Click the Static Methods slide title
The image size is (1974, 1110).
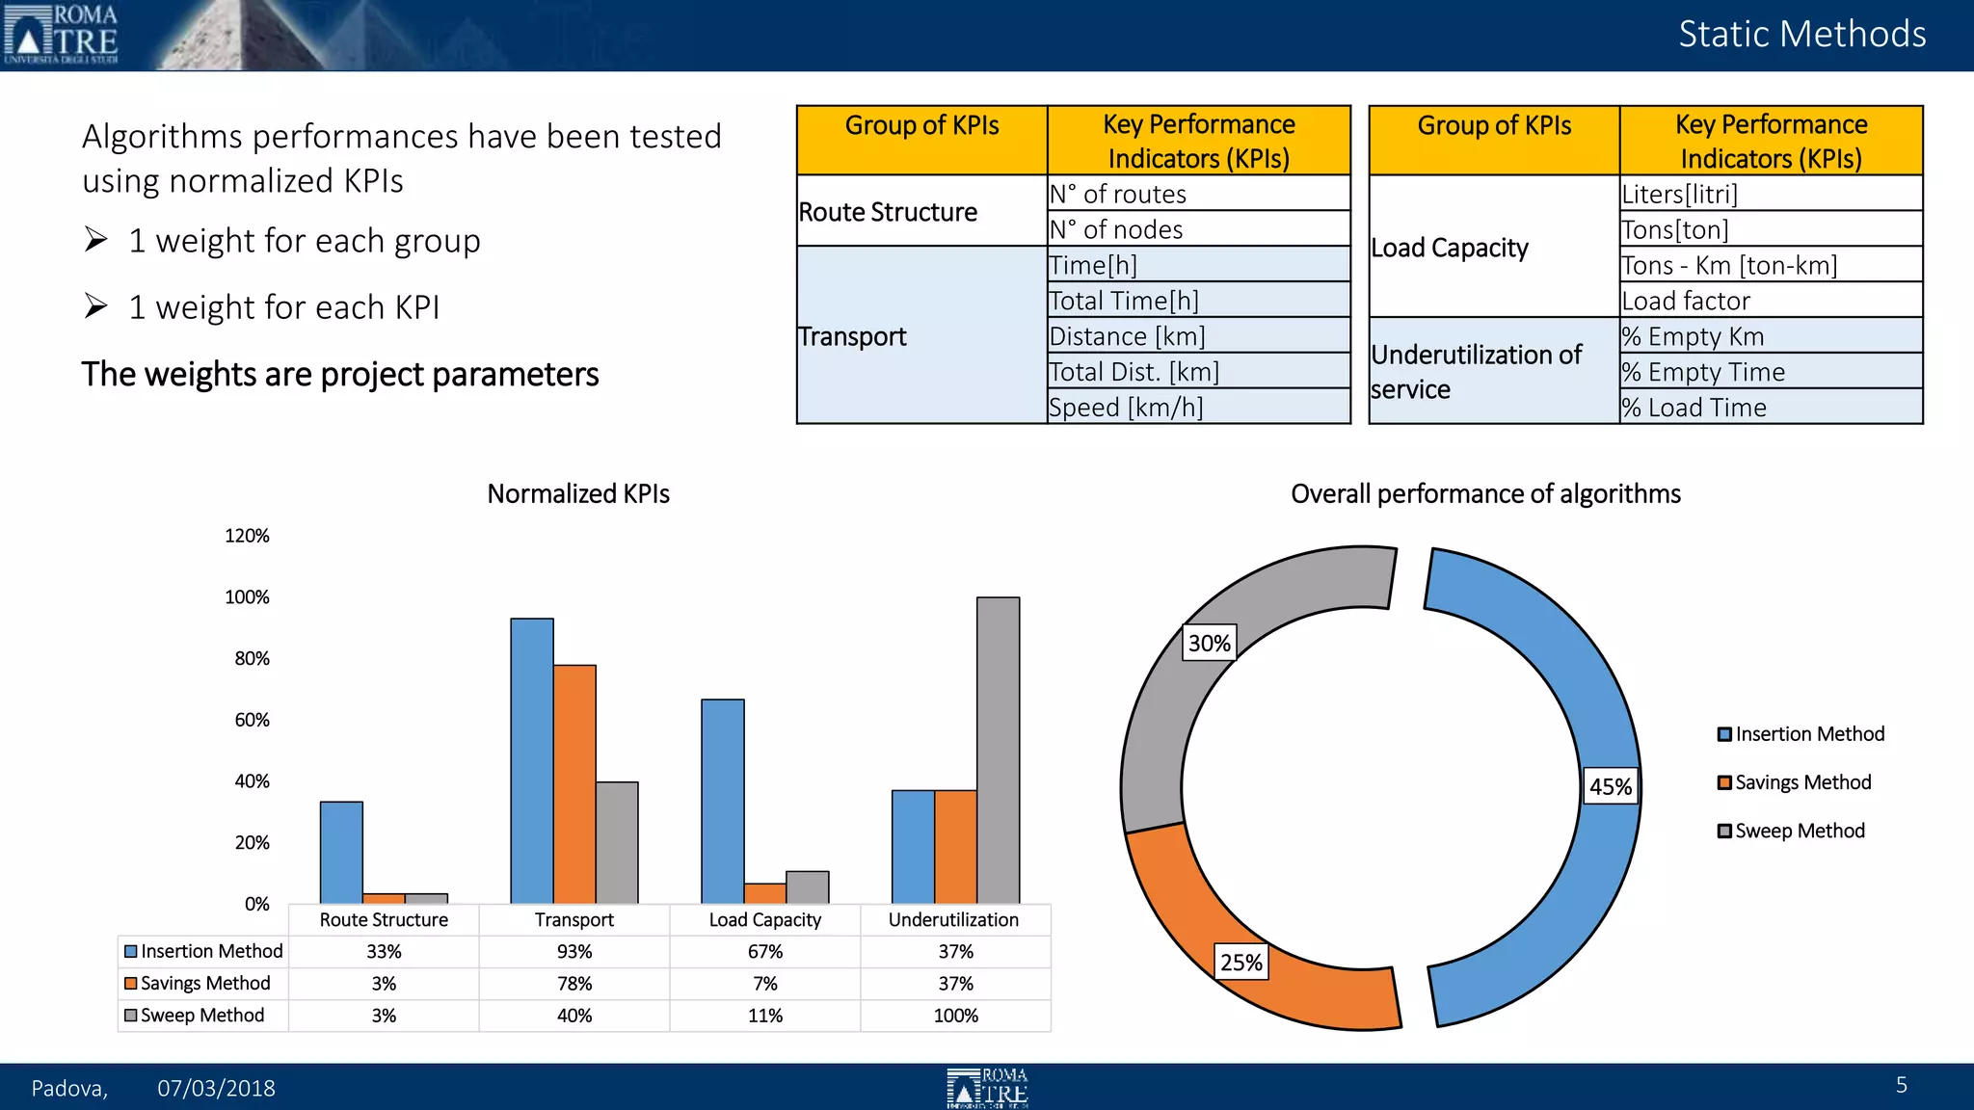[1801, 35]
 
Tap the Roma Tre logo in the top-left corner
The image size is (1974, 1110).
[62, 35]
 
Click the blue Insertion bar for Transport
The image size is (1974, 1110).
[532, 760]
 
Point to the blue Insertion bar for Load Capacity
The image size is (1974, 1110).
[723, 801]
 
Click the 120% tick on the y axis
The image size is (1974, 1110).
[247, 536]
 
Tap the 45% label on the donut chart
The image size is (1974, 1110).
[1611, 786]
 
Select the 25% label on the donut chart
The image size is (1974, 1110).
[1240, 962]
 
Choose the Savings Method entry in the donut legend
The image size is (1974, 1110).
[1801, 782]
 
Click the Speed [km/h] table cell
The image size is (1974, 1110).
[1198, 407]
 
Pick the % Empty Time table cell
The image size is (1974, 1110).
[1770, 372]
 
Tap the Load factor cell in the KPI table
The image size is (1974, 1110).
[1770, 301]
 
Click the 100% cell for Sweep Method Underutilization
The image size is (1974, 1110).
[955, 1016]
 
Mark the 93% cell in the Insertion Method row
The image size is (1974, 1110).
[574, 951]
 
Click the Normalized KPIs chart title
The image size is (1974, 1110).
[578, 493]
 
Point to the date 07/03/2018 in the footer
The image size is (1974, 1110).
[216, 1088]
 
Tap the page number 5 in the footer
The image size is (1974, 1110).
[1901, 1085]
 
